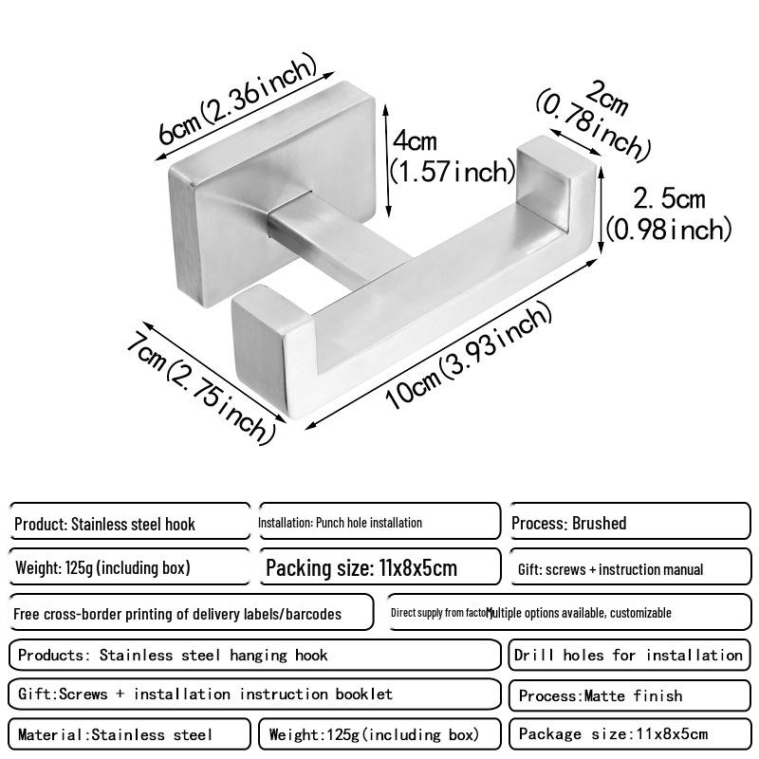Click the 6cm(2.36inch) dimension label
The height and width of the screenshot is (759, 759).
coord(237,102)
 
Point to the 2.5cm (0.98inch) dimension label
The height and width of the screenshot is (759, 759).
coord(669,214)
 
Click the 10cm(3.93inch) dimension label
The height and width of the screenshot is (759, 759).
coord(468,357)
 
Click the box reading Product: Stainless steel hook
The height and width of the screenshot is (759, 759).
coord(130,523)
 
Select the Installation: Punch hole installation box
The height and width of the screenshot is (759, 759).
coord(379,522)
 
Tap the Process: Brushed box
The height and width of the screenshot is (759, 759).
coord(629,523)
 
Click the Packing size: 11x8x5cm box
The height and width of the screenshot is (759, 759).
coord(379,568)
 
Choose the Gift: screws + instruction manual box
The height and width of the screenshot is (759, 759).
coord(629,568)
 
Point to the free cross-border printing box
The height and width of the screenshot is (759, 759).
coord(190,613)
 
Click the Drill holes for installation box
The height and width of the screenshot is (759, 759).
coord(629,655)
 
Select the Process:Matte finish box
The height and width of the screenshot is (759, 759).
coord(629,695)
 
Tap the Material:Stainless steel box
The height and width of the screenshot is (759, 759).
coord(130,734)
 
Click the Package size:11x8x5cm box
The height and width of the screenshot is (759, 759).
coord(629,734)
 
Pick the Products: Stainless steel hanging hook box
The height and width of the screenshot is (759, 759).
coord(253,655)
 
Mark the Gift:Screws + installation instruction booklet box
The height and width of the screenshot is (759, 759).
coord(253,694)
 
